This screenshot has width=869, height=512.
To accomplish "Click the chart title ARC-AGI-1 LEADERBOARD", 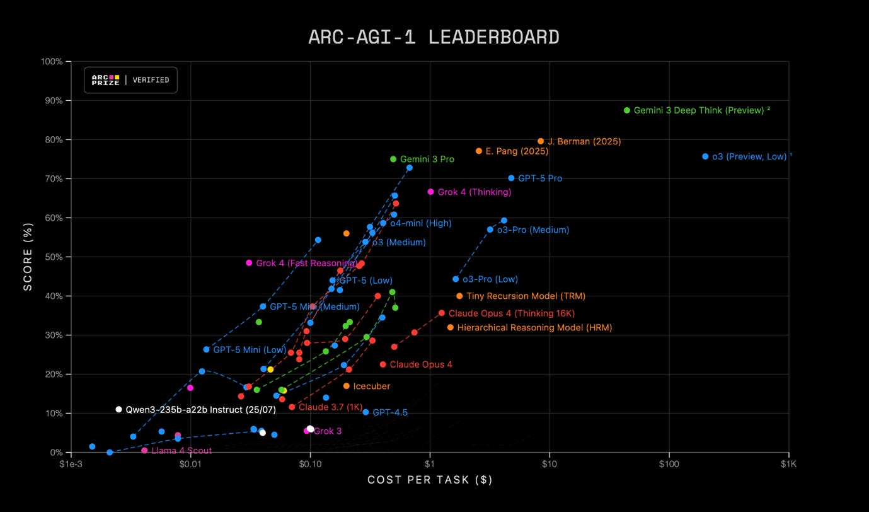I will tap(434, 37).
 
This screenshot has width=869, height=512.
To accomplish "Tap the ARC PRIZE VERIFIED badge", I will tap(130, 80).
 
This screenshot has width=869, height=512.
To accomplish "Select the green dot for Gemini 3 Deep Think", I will tap(626, 110).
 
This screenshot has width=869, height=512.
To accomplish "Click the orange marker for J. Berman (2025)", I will tap(541, 141).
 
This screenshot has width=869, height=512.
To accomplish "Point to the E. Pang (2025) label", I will tap(517, 151).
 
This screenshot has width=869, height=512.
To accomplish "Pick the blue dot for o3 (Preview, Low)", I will tap(705, 156).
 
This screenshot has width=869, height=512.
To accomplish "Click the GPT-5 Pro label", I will tap(540, 178).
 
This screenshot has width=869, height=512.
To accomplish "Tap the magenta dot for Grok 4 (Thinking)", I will tap(431, 192).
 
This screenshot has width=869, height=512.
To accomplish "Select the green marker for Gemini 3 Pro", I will tap(393, 160).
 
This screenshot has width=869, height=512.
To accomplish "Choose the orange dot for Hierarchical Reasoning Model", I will tap(450, 327).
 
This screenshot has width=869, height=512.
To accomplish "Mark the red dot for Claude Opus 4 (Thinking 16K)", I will tap(441, 313).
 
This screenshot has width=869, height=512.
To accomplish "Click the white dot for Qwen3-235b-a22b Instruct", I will tap(118, 409).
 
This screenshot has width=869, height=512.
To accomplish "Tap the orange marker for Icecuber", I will tap(346, 386).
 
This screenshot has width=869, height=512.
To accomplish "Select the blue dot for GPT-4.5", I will tap(365, 412).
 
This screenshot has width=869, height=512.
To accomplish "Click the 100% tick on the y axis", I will tap(51, 62).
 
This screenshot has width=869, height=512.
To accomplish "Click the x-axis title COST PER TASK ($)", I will tap(430, 480).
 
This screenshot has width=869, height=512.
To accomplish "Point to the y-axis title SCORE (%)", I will tap(28, 257).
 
